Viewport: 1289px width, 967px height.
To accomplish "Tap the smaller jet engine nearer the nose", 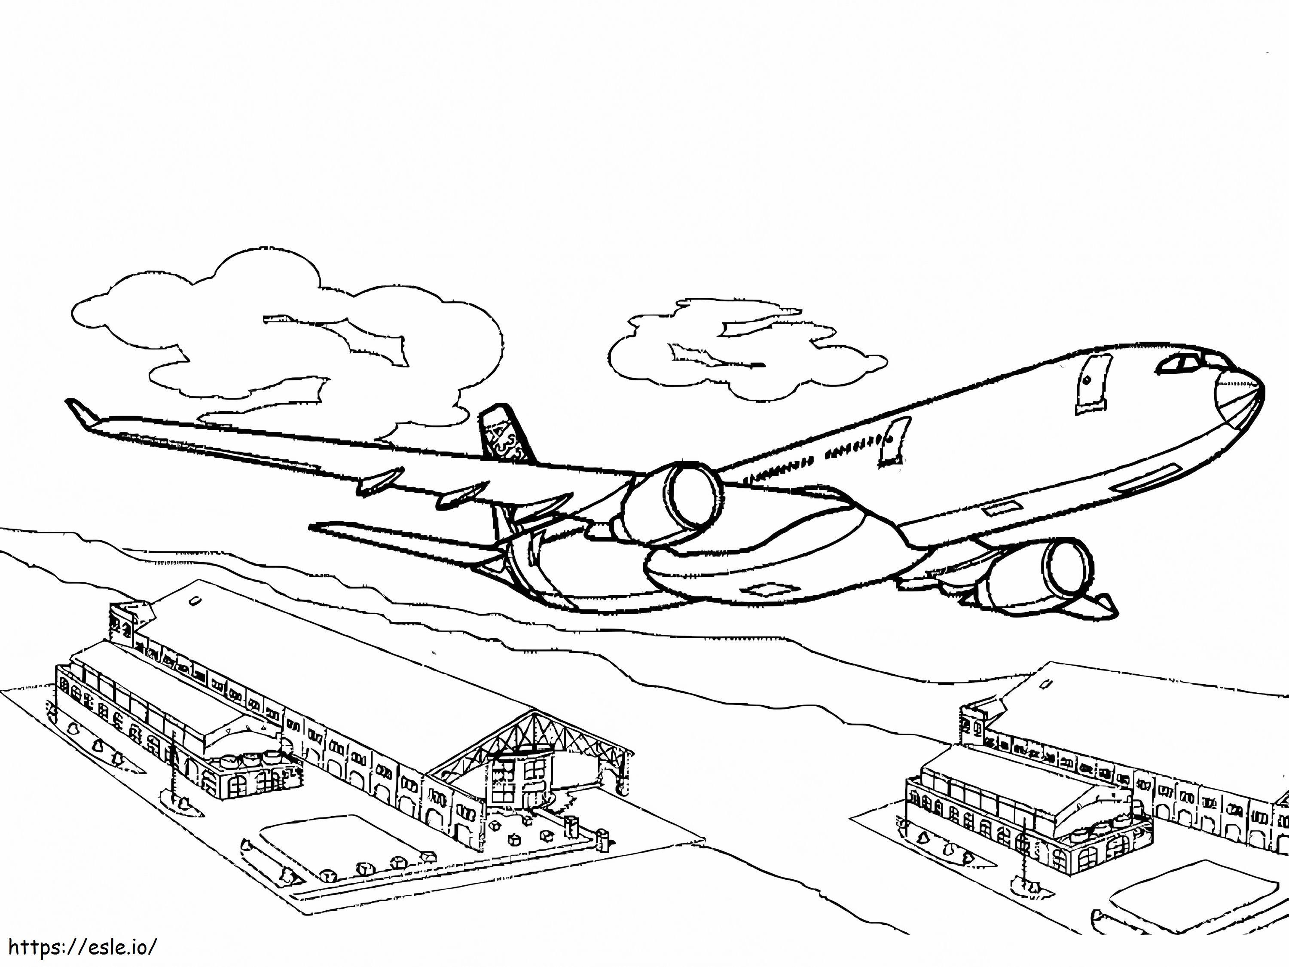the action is coord(1032,574).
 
